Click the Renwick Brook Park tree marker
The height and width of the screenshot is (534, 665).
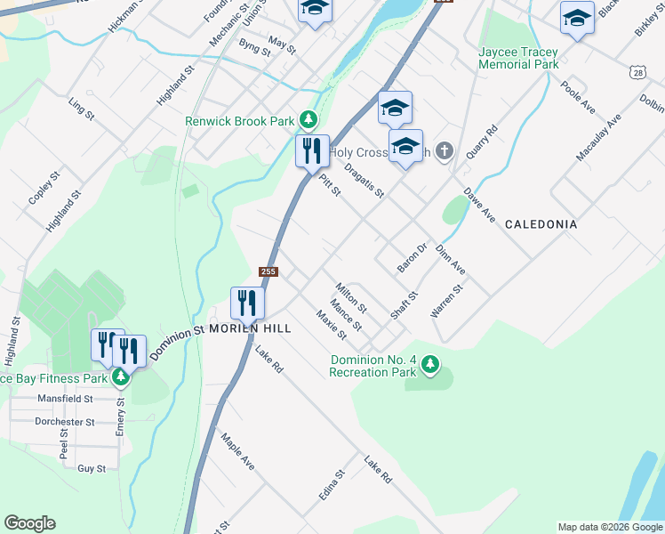(308, 119)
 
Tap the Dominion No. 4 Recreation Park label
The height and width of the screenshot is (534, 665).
(373, 366)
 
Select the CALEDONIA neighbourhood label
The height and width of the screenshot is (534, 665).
(541, 224)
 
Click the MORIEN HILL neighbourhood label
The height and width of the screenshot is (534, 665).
(249, 328)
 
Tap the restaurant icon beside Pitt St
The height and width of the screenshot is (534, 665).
(312, 150)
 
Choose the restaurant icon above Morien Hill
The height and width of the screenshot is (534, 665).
(247, 303)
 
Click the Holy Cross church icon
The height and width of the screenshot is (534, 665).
(445, 152)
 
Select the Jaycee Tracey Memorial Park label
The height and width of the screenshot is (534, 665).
(518, 58)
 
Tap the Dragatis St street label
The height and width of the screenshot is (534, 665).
(364, 181)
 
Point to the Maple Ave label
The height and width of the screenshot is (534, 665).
(238, 452)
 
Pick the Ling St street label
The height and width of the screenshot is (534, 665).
(81, 109)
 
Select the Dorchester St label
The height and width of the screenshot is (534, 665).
(64, 422)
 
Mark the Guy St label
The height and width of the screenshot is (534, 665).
(92, 468)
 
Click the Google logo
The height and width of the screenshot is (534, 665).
(29, 523)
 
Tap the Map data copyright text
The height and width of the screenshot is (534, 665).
(609, 527)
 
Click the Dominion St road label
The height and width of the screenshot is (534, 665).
(177, 343)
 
